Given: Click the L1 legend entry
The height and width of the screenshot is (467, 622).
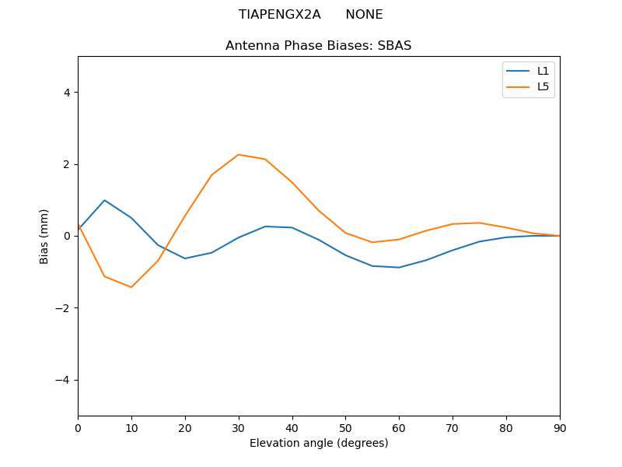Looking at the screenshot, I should [543, 71].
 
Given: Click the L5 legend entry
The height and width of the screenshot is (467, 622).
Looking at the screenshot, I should [543, 86].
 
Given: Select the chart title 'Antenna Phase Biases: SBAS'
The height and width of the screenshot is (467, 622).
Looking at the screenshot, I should [318, 46].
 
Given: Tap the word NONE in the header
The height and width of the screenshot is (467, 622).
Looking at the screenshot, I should [364, 15].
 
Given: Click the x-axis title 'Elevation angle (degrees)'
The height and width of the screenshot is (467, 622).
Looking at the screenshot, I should [318, 444].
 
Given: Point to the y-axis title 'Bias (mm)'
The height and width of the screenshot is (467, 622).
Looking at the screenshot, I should [45, 236].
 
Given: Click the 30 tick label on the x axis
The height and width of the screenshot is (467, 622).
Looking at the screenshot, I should [239, 427].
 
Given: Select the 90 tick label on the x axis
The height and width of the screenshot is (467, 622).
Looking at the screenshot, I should [560, 427].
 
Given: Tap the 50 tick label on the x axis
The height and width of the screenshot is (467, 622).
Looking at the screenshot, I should [345, 427].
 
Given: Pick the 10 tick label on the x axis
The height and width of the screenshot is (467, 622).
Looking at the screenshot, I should [131, 427].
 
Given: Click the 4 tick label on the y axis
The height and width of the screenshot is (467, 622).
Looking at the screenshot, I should [67, 93].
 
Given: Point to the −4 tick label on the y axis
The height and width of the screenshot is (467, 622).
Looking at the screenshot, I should [63, 380].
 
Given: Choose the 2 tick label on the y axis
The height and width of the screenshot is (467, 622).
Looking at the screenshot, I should [67, 164].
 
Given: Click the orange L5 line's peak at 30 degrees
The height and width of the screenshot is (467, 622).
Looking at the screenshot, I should [239, 154].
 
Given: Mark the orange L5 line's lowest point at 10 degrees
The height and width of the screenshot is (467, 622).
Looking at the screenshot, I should [131, 287].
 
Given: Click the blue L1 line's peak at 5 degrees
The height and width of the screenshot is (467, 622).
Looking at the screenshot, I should [104, 200].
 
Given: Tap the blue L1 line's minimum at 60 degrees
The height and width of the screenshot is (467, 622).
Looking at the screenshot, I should [399, 268].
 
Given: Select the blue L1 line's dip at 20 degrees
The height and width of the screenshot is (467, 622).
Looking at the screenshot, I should [185, 258].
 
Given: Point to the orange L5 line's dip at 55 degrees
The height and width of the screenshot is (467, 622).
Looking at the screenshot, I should [372, 242].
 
